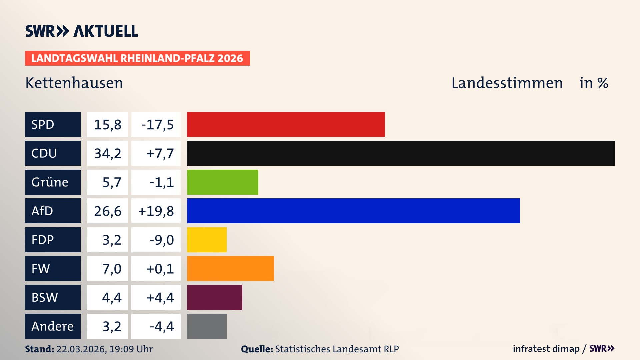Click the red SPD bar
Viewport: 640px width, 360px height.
pos(286,124)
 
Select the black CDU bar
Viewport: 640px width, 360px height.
pos(401,153)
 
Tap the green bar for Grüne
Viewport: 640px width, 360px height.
pos(222,182)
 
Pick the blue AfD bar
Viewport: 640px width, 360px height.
pos(353,211)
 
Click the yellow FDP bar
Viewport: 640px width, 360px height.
pos(207,240)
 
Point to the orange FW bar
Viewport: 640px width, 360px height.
pos(230,268)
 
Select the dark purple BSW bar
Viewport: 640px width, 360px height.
pos(214,297)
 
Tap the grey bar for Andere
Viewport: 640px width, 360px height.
pos(207,326)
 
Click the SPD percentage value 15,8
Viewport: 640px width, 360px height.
pos(107,125)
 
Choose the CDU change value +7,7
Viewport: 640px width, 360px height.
pos(160,153)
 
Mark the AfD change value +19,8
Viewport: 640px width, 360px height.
pos(156,211)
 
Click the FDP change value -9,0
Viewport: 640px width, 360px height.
pos(161,240)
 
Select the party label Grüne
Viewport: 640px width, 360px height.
pos(50,182)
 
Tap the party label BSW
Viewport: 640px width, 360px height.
pos(45,297)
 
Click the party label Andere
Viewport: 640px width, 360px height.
pos(52,326)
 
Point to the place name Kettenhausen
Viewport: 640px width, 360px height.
pos(74,83)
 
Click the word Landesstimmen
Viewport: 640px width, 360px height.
pos(507,83)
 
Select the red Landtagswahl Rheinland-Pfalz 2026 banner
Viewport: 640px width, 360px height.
pos(137,58)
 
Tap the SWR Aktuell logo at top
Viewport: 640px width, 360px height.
pos(82,31)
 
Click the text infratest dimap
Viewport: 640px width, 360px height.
pos(546,349)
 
